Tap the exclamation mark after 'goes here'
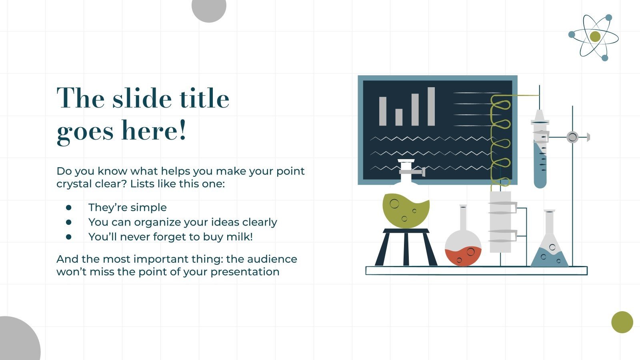(182, 130)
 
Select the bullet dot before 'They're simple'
(69, 208)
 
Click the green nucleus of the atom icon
(595, 37)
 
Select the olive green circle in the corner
(622, 322)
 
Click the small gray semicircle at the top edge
(209, 8)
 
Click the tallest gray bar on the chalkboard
(431, 106)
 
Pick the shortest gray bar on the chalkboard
(399, 117)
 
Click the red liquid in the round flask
(463, 257)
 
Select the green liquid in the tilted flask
(405, 210)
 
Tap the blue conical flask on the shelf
(549, 256)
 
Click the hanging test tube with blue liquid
(540, 160)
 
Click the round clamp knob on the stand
(572, 137)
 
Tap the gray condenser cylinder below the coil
(500, 222)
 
